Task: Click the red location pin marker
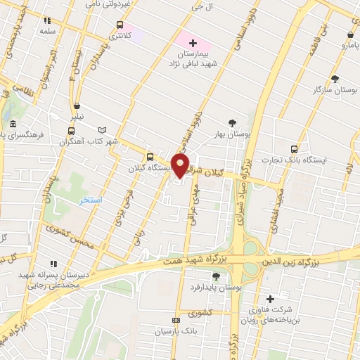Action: [180, 165]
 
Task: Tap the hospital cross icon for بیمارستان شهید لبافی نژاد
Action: [193, 44]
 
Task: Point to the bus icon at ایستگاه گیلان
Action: [149, 157]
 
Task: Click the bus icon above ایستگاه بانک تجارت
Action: [294, 149]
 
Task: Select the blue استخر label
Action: [91, 200]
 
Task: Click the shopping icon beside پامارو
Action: [350, 34]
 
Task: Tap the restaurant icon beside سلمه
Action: [47, 21]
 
